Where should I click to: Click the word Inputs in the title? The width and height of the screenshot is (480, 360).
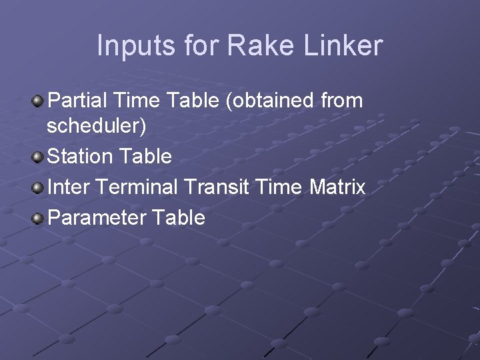(x=136, y=46)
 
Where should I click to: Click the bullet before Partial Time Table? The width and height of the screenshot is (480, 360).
(x=38, y=101)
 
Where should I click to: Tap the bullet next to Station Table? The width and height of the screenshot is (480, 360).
(x=38, y=157)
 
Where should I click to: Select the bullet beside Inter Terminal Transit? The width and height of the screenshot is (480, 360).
(x=38, y=187)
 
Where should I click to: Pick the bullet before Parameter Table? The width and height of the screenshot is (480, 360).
(x=38, y=218)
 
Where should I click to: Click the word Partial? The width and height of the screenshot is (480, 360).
(x=78, y=101)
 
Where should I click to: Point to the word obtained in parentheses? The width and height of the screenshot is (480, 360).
(x=270, y=101)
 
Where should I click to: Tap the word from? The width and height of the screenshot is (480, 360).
(x=342, y=101)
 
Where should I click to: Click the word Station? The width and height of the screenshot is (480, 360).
(x=81, y=157)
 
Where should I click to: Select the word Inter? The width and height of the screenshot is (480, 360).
(x=69, y=187)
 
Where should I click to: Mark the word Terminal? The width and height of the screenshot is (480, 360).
(x=137, y=187)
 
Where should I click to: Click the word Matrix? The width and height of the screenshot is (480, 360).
(x=337, y=187)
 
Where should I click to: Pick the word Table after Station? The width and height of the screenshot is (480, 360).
(x=145, y=157)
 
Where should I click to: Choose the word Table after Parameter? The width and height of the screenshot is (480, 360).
(x=179, y=218)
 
